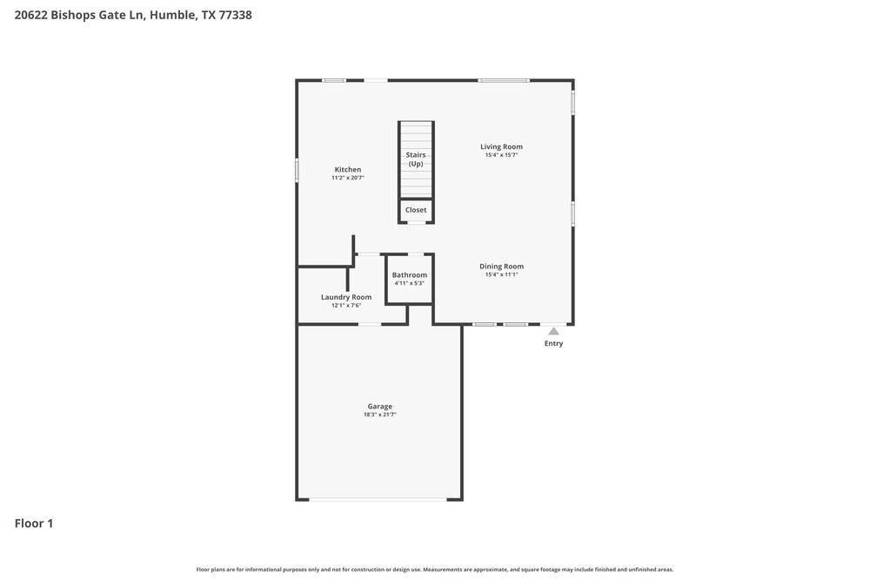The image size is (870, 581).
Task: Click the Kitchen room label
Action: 348,169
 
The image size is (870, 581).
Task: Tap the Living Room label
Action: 502,146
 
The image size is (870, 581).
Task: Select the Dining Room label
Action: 502,267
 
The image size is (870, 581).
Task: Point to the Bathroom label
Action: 410,275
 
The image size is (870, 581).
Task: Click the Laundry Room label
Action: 346,297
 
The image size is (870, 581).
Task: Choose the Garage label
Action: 380,407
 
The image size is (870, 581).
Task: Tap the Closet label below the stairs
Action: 416,210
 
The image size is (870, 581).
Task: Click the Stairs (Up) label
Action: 416,159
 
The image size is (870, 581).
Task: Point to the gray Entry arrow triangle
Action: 553,332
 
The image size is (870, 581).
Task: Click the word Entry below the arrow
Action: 553,343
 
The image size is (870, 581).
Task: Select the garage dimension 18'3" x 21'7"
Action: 380,415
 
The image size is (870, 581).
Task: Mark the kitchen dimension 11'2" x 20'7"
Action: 348,178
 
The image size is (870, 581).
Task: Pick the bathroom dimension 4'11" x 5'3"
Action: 410,283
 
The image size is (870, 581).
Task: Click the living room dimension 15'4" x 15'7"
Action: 502,155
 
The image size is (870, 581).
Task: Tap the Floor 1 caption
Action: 34,524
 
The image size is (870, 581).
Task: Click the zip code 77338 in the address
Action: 235,15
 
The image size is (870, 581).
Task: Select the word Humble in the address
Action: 173,15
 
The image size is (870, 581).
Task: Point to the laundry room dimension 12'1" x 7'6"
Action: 346,306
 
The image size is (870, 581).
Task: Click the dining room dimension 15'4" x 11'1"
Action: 502,274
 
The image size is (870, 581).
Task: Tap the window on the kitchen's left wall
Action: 297,169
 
